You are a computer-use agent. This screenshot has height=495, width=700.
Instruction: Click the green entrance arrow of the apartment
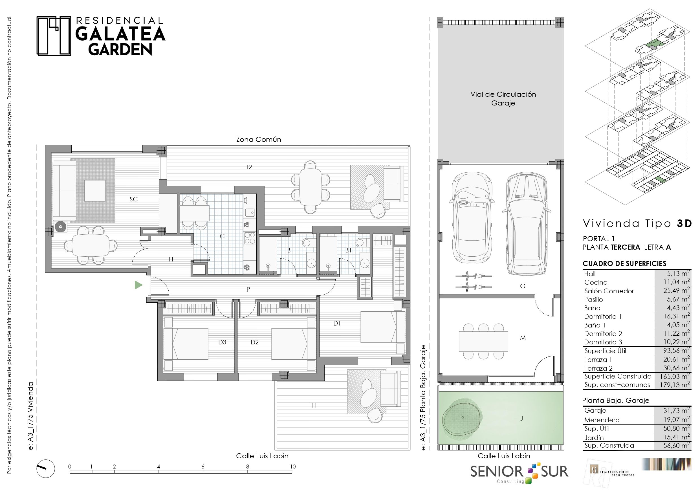click(x=138, y=285)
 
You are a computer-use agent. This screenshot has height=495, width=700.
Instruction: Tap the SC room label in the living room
click(x=133, y=199)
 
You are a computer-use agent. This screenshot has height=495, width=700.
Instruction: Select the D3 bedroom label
click(x=222, y=342)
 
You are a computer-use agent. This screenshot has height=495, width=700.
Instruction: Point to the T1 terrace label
click(x=313, y=405)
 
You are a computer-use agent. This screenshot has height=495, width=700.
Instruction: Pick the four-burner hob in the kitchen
click(x=250, y=238)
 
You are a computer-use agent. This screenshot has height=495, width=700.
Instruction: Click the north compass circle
click(x=46, y=468)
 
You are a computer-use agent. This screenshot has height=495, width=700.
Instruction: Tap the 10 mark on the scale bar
click(x=293, y=466)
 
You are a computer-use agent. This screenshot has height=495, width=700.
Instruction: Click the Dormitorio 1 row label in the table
click(x=603, y=316)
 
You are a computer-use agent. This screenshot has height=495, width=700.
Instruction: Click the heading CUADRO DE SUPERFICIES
click(x=624, y=263)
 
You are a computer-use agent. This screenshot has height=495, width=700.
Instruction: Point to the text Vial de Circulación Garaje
click(x=503, y=98)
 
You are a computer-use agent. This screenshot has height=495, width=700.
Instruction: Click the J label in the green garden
click(x=522, y=419)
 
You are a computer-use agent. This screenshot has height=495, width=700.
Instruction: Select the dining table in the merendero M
click(x=483, y=341)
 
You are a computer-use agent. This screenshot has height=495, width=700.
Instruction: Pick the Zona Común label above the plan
click(x=259, y=139)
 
